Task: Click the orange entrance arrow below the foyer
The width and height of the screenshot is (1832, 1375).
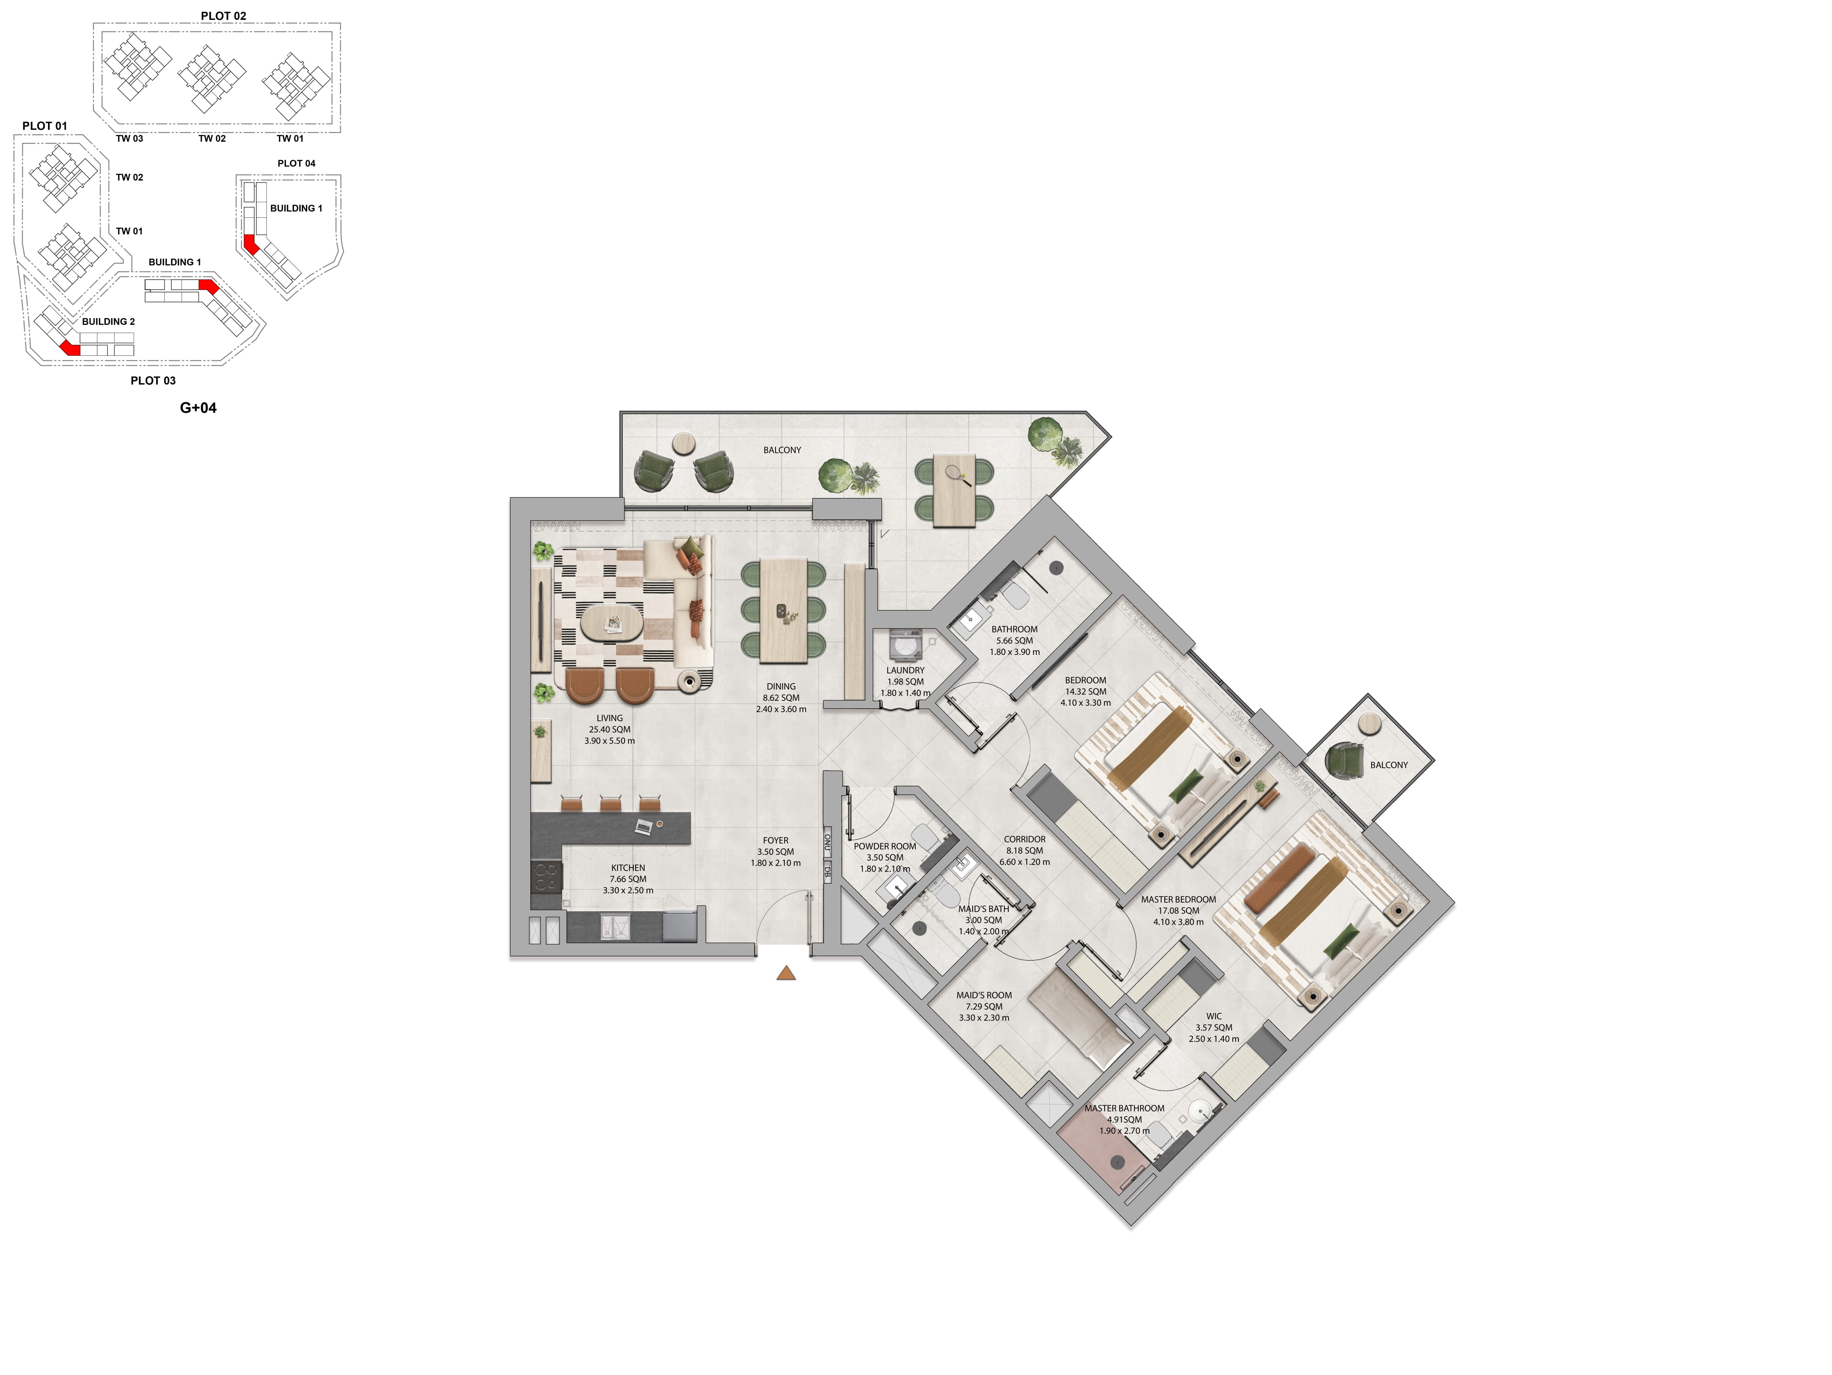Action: point(786,973)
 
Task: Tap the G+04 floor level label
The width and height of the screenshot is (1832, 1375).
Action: point(198,408)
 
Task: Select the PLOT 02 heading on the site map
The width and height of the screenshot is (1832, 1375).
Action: point(224,16)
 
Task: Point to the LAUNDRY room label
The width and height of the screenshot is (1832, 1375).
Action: point(905,670)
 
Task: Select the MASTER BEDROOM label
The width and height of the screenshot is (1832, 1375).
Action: point(1178,900)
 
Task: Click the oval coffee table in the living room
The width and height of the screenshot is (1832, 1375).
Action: point(611,623)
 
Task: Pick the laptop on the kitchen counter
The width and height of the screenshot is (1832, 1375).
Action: point(644,826)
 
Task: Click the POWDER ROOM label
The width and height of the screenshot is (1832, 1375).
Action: point(884,847)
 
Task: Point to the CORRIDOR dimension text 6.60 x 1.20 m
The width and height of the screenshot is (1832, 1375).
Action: point(1025,862)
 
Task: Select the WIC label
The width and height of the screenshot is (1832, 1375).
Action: point(1214,1016)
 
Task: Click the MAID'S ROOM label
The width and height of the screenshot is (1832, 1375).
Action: point(984,996)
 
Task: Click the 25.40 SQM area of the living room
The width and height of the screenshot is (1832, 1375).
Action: point(610,730)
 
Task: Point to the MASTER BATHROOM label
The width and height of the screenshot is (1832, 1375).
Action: point(1125,1108)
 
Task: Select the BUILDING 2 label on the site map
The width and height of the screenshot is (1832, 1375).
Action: point(109,321)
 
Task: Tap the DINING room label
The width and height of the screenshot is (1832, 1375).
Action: point(781,687)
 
